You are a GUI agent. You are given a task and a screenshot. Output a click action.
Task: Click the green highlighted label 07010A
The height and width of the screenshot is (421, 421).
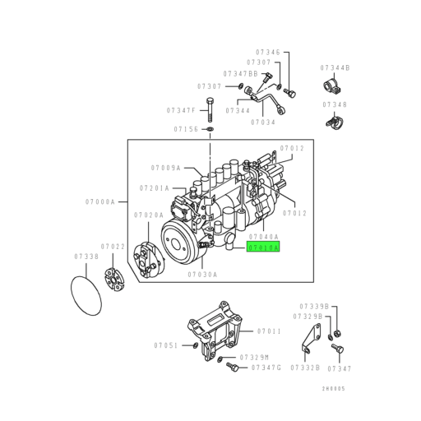pos(262,246)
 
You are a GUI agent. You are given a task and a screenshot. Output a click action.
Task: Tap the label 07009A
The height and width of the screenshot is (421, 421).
pos(165,168)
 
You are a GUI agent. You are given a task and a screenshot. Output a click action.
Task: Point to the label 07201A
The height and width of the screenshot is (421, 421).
pos(154,187)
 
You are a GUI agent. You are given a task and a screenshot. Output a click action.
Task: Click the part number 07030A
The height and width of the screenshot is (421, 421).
pos(202,274)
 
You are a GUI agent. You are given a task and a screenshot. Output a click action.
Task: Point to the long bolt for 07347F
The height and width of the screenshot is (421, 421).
pos(210,109)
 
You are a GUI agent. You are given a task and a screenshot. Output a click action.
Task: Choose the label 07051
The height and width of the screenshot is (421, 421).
pos(165,345)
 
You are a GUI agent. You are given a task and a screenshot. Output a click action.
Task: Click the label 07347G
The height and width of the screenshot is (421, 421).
pos(267,368)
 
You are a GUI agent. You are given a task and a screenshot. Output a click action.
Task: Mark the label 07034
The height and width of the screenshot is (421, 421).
pos(263,121)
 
